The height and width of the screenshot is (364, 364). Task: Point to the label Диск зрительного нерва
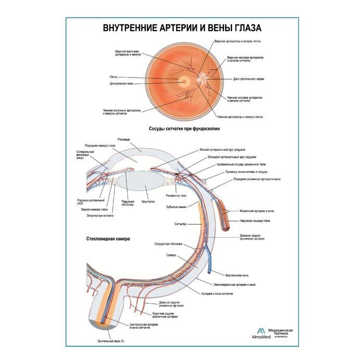(249, 79)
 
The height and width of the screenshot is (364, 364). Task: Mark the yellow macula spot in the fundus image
(183, 81)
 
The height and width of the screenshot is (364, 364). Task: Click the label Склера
(172, 256)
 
